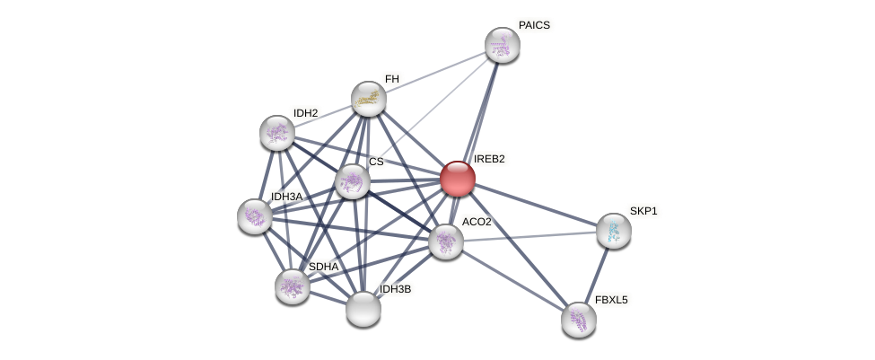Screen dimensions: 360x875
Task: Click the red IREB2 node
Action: [x=457, y=178]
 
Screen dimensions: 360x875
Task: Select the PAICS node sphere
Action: [x=502, y=45]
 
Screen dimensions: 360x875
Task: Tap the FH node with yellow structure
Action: [x=368, y=99]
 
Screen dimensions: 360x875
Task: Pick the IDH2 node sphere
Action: [x=276, y=133]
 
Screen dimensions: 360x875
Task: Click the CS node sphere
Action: [x=352, y=180]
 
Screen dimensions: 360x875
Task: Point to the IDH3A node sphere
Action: [x=254, y=216]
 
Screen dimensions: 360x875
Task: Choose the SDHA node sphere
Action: [x=292, y=286]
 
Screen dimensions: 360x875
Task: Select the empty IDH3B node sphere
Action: [x=363, y=309]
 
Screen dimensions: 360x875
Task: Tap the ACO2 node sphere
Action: [x=445, y=241]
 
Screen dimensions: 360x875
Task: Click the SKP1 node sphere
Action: [x=613, y=231]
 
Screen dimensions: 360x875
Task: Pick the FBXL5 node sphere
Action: [x=578, y=319]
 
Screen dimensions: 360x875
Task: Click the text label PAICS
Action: [x=534, y=25]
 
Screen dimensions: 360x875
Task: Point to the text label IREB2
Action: [x=489, y=159]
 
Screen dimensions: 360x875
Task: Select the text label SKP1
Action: [x=643, y=211]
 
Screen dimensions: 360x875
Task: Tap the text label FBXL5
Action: [x=611, y=300]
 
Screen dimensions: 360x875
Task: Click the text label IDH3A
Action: [x=286, y=197]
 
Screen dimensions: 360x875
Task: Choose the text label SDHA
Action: [x=323, y=267]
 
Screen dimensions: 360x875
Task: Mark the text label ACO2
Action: [x=477, y=222]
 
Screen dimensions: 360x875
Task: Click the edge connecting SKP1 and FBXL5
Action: [x=596, y=275]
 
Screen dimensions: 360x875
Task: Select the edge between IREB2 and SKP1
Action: [x=535, y=204]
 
